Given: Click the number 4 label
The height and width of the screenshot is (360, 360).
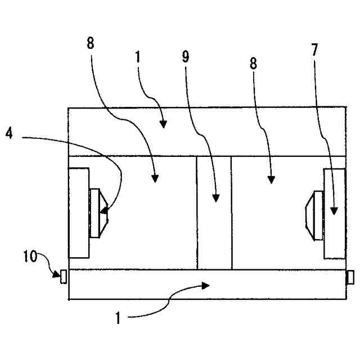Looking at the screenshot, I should point(9,136).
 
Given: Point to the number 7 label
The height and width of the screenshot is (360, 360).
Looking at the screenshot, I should point(314,49).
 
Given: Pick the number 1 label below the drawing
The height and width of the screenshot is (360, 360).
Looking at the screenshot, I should point(118,318).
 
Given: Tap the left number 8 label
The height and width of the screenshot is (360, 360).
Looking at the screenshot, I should point(91,43).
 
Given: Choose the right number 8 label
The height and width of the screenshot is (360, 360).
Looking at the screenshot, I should point(253,63).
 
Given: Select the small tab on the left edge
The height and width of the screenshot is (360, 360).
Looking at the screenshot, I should point(64,276).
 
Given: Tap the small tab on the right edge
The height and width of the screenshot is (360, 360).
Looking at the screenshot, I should point(350,277).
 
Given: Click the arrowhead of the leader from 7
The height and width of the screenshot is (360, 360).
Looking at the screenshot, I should point(333,213).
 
